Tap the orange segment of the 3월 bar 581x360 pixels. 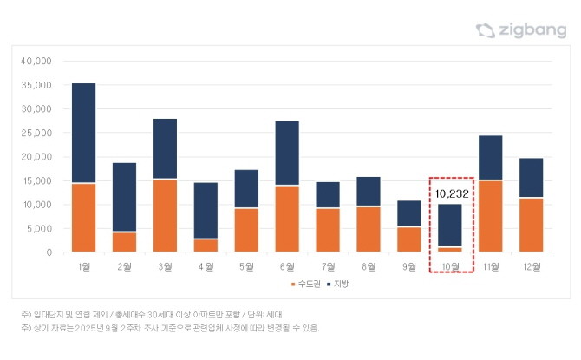point(165,215)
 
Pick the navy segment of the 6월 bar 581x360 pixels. point(287,153)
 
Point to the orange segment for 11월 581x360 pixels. point(491,216)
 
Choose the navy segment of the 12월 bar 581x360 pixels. point(531,178)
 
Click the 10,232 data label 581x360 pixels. point(451,194)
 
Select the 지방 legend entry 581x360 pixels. point(341,284)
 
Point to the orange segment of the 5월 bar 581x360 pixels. point(246,230)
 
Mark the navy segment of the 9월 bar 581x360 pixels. point(409,213)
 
